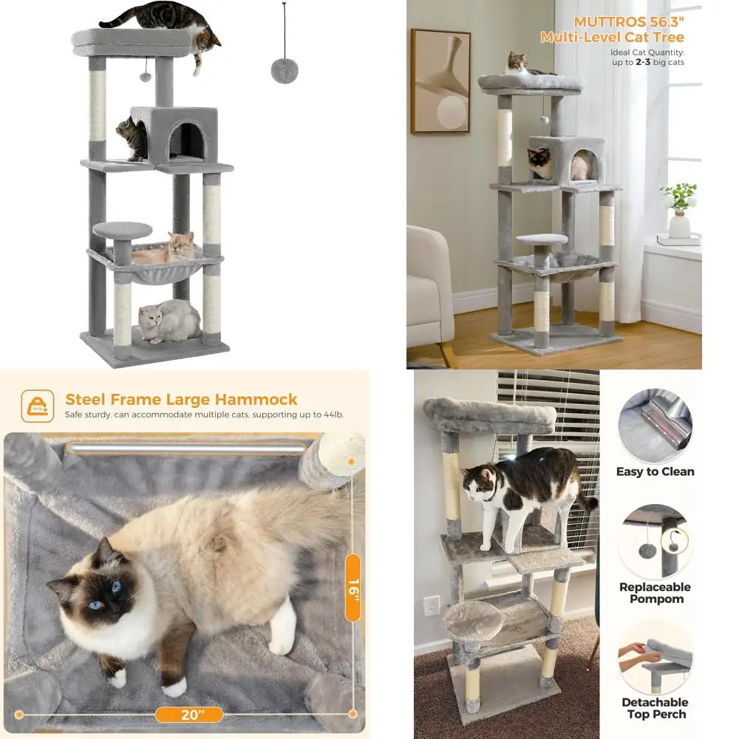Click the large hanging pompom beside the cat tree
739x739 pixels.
click(285, 70)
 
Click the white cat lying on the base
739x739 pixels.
click(170, 321)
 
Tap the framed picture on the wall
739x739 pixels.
click(440, 81)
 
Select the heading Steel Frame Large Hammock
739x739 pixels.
click(181, 400)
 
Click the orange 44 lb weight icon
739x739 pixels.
click(37, 406)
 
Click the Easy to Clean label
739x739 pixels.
click(655, 471)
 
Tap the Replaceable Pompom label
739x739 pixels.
click(655, 593)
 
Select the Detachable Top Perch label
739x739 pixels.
click(655, 708)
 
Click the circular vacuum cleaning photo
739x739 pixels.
click(655, 425)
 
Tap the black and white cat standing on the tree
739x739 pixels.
click(517, 488)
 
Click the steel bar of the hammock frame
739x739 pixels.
click(185, 448)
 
